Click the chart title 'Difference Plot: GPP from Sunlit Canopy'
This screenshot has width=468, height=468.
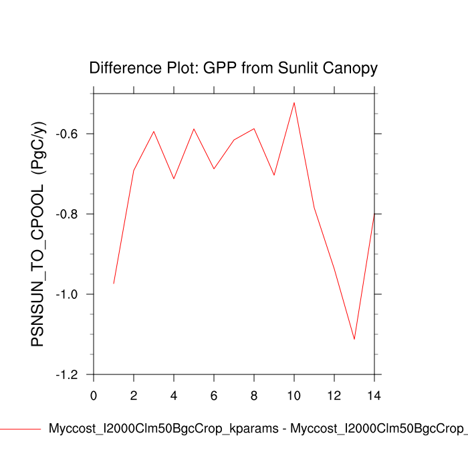pos(233,68)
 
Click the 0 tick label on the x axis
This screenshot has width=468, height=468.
pos(94,395)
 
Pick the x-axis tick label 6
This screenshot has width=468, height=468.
pos(214,395)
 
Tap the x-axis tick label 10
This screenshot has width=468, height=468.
pos(294,395)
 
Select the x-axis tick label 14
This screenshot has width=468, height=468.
pos(374,395)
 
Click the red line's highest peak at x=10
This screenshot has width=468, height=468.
pos(294,102)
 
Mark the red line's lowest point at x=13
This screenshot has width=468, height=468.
pos(354,339)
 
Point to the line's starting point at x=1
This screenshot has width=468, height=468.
pos(114,283)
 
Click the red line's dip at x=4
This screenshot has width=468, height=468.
pos(174,179)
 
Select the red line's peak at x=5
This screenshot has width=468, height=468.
pos(194,128)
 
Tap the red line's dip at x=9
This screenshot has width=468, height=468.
pos(274,175)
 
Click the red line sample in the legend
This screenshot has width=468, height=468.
pos(20,429)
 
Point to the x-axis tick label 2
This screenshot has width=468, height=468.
pos(134,395)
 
